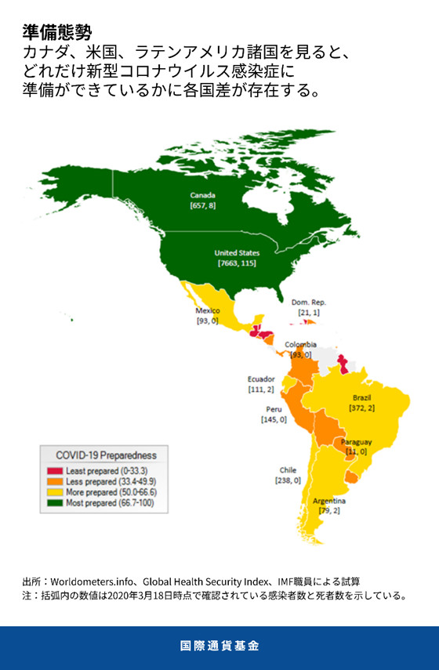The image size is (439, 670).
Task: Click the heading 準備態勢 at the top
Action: pyautogui.click(x=57, y=33)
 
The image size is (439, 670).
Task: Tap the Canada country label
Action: pyautogui.click(x=202, y=195)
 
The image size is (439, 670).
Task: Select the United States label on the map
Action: pyautogui.click(x=237, y=253)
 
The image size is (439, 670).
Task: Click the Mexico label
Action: pyautogui.click(x=208, y=310)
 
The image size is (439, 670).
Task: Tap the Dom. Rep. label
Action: pyautogui.click(x=308, y=302)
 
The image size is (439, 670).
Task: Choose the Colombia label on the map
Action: pyautogui.click(x=300, y=345)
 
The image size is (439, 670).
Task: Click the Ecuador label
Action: pyautogui.click(x=260, y=379)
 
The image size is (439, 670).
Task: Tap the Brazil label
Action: pyautogui.click(x=361, y=398)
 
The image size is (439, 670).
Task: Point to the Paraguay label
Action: pyautogui.click(x=356, y=442)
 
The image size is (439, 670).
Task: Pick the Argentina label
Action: pyautogui.click(x=329, y=500)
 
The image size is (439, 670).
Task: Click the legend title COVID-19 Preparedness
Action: pyautogui.click(x=106, y=455)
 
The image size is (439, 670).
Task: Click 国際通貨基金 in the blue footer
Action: pyautogui.click(x=219, y=646)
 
